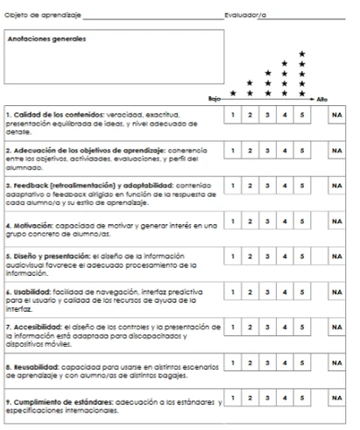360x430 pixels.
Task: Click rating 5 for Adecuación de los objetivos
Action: click(302, 151)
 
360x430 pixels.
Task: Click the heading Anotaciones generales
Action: click(46, 39)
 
